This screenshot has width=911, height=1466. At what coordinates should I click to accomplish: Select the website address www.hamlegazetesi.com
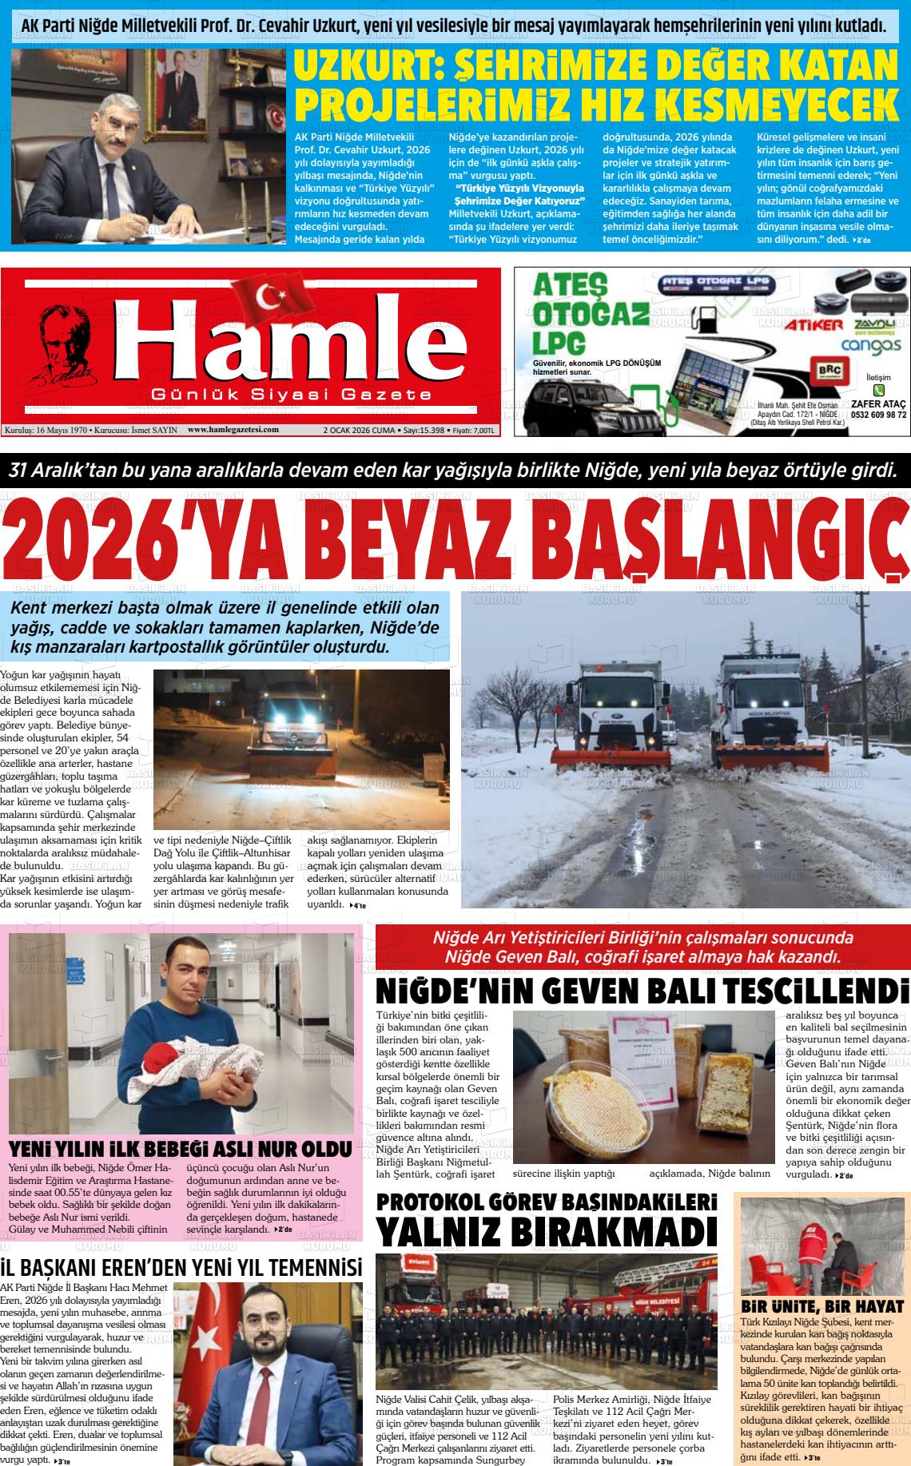coord(233,430)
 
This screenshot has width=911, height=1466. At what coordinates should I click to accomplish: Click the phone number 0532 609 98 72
coord(878,415)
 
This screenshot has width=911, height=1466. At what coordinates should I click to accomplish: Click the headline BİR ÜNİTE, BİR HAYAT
coord(822,1307)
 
